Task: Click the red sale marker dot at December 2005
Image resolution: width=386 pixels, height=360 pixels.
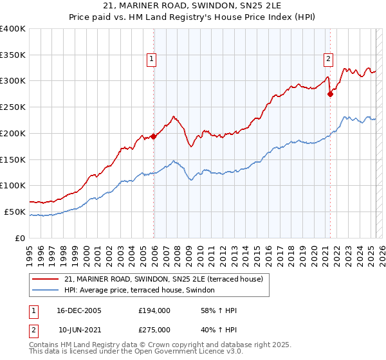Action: tap(154, 136)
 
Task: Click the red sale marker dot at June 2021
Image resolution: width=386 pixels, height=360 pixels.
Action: tap(330, 94)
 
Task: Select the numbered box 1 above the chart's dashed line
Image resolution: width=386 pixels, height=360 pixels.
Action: tap(151, 59)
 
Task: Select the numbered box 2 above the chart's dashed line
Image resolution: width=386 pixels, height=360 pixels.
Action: tap(327, 59)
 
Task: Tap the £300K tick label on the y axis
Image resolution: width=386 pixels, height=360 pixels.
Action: tap(13, 81)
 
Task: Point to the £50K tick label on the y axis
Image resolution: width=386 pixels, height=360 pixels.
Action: tap(15, 212)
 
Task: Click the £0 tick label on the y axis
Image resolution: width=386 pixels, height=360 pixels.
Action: tap(21, 238)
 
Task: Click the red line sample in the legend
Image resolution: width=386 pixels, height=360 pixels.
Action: tap(46, 279)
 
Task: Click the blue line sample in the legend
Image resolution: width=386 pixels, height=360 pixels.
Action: tap(46, 291)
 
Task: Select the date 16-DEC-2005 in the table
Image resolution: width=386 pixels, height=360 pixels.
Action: tap(79, 310)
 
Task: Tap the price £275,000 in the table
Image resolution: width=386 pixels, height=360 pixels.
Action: tap(154, 329)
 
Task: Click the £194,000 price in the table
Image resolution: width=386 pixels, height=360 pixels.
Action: tap(154, 310)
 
